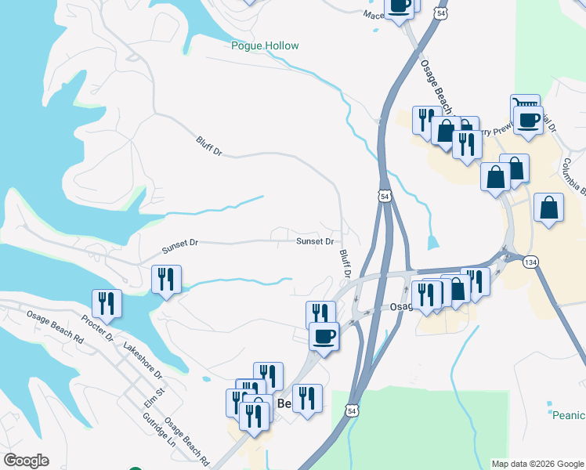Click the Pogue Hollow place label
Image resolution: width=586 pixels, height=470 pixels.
[265, 45]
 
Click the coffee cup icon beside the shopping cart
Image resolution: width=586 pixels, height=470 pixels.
[529, 121]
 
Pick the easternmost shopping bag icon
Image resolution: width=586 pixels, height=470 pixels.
[549, 208]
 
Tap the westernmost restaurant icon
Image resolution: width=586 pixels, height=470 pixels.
[107, 303]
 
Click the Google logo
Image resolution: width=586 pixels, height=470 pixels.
[26, 461]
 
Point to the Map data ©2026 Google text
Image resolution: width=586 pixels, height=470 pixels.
[537, 464]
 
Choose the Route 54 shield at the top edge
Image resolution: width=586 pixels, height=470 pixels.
[443, 14]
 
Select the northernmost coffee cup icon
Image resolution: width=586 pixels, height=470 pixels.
[399, 6]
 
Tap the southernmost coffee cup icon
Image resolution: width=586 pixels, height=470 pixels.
[324, 336]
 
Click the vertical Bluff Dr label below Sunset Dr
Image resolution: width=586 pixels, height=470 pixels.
[344, 262]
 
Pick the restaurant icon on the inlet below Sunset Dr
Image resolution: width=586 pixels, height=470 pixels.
[166, 279]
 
